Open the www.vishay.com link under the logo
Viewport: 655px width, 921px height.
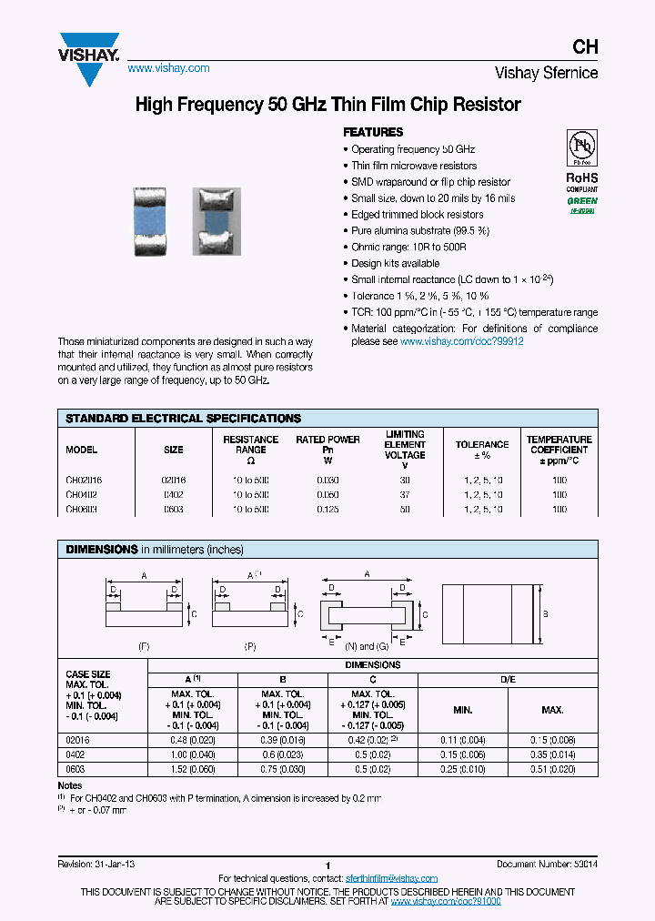click(168, 68)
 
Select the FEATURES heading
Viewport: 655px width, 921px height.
click(373, 132)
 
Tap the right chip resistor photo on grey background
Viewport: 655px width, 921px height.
click(216, 221)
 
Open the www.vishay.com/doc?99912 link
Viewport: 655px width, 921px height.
click(462, 341)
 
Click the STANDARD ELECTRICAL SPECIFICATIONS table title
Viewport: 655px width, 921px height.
click(183, 419)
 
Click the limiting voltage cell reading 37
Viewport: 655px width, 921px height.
click(405, 494)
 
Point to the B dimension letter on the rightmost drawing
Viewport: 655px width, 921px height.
click(545, 614)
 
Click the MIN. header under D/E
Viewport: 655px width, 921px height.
click(462, 709)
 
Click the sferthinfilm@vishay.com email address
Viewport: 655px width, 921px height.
click(392, 878)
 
